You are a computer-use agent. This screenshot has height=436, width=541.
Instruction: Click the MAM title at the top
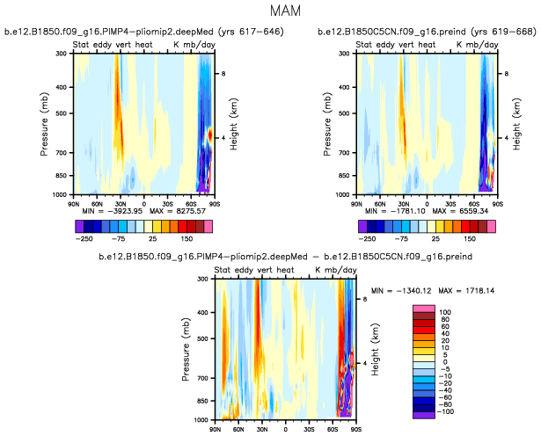point(270,12)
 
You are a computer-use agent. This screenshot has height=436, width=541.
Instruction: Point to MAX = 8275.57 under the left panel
point(172,212)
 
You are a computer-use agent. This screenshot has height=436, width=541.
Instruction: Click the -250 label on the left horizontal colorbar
point(85,238)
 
